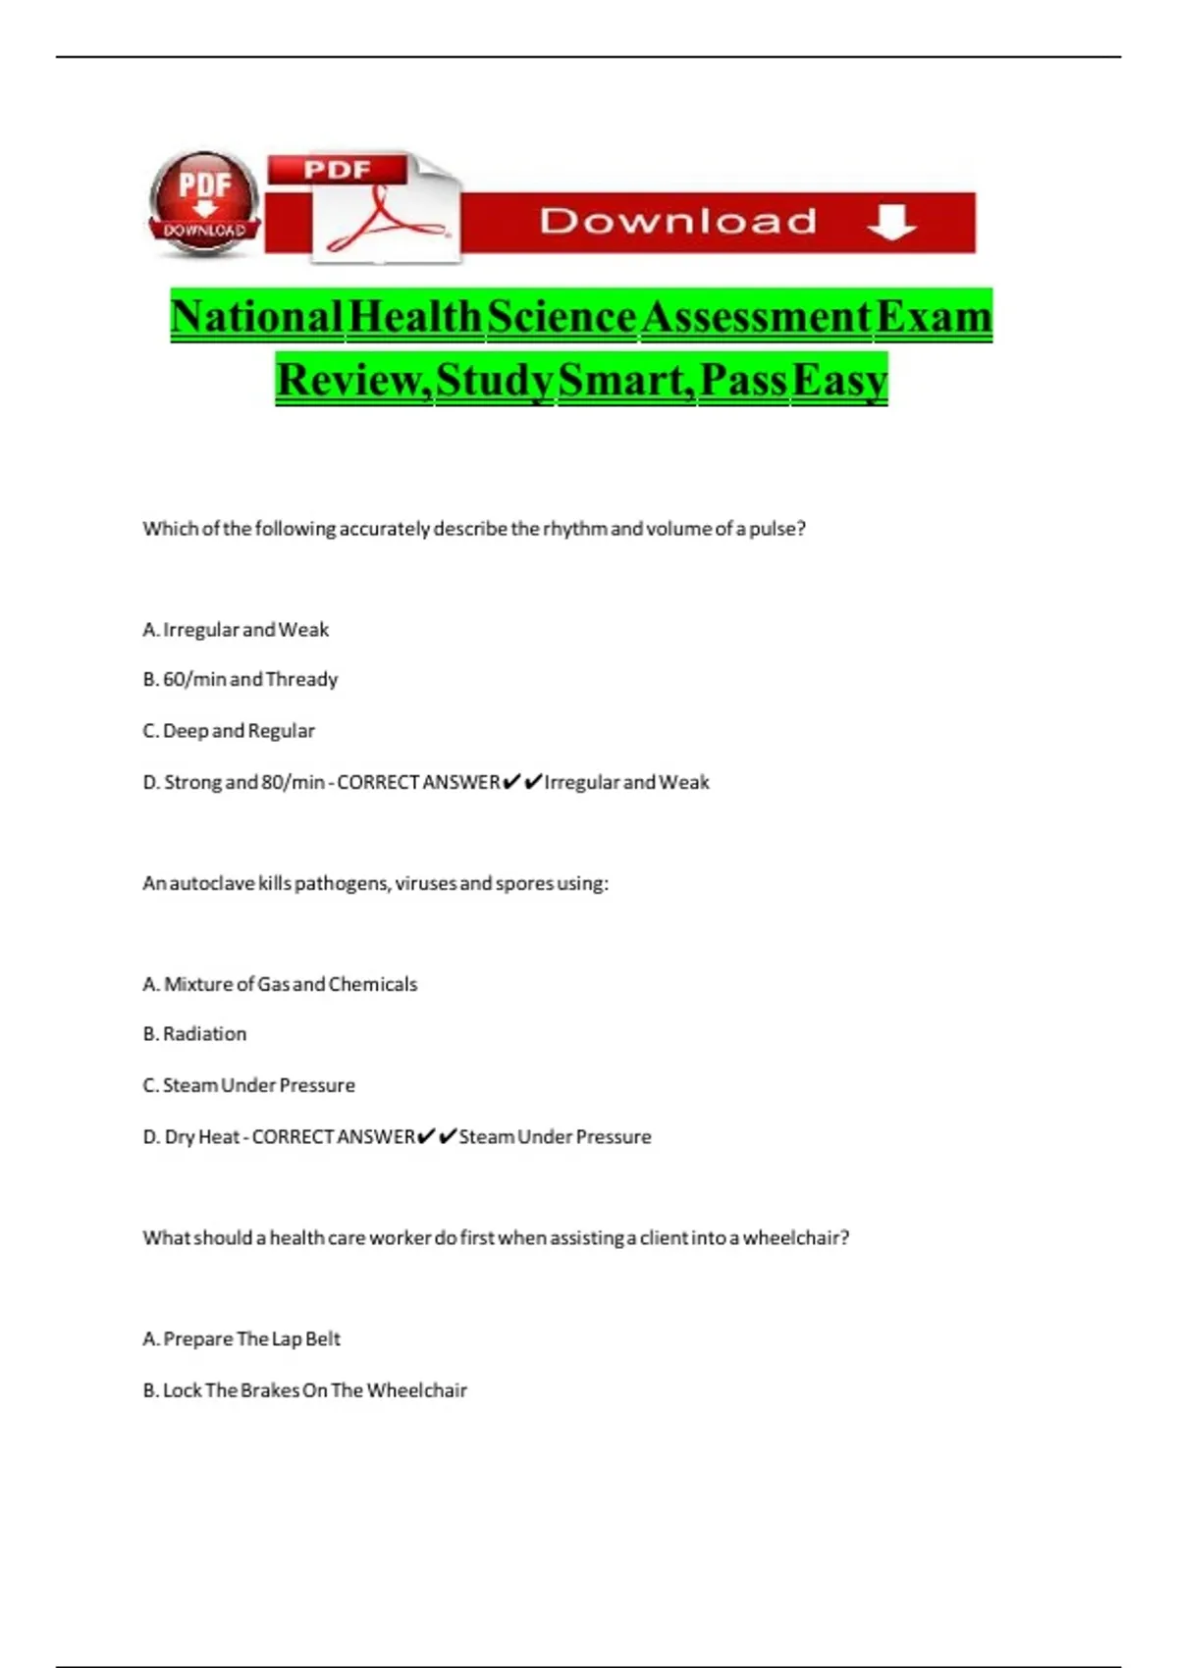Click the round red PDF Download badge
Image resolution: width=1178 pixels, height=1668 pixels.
[x=204, y=203]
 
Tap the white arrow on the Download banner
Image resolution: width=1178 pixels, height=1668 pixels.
[x=891, y=222]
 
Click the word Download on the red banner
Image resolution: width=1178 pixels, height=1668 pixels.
[x=677, y=222]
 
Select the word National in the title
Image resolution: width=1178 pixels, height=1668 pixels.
[x=256, y=317]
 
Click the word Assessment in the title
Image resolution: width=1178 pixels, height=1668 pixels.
[x=755, y=317]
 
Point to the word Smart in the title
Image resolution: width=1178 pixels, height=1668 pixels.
[x=624, y=380]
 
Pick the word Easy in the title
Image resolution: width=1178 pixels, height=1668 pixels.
[x=839, y=380]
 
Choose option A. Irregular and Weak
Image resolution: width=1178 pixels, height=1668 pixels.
[x=236, y=630]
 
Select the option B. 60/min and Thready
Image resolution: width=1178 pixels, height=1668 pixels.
[x=241, y=680]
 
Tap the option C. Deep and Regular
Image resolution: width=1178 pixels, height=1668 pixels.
[x=229, y=731]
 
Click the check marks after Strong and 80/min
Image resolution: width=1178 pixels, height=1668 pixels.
[x=522, y=782]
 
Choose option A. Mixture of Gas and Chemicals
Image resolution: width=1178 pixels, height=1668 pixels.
[x=280, y=984]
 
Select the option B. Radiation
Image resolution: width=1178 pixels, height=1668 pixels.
[x=194, y=1034]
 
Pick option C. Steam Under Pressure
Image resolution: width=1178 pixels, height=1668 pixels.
[x=248, y=1085]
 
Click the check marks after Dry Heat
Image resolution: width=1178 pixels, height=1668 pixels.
[x=437, y=1136]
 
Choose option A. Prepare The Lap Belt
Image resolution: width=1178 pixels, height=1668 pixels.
[x=241, y=1339]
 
